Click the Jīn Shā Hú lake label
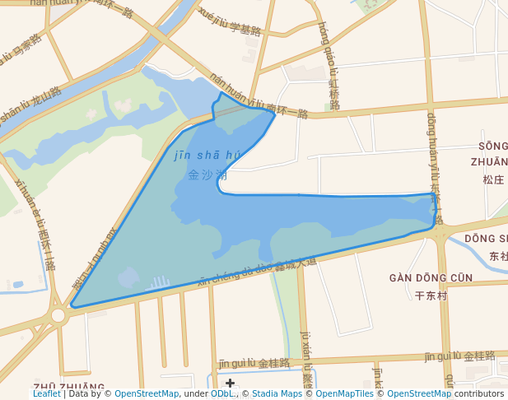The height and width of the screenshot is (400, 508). coord(207,165)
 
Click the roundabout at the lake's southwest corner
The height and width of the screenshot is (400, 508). coord(58,315)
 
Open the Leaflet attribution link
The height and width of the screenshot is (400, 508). coord(46,394)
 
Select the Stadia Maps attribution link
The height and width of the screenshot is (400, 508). coord(277,394)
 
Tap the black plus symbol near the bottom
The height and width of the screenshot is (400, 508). coord(230,383)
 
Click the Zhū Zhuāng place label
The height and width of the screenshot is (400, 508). coord(69,387)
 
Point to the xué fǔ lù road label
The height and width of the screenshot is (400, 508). coord(230,23)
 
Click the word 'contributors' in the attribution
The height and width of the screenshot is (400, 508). coord(479,394)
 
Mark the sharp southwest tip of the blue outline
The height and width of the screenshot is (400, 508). coord(72,306)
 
